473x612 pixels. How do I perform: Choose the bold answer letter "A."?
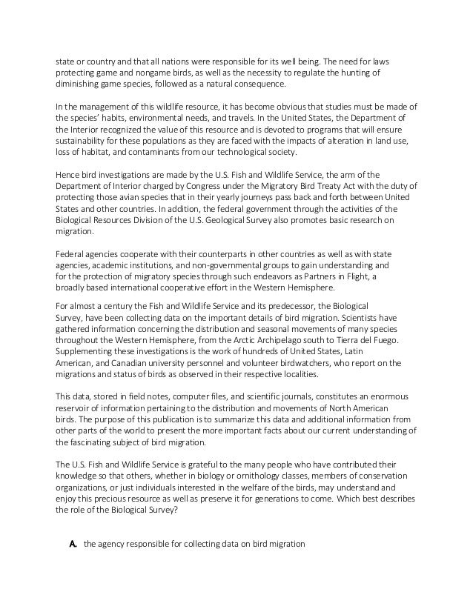point(73,545)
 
